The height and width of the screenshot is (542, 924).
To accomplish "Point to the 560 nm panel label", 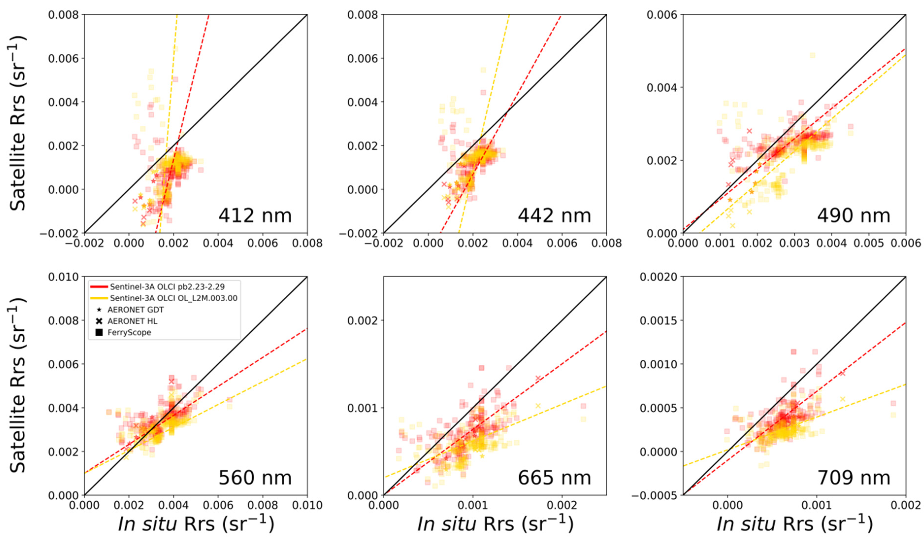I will point(255,478).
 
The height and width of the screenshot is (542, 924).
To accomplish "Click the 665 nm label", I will point(554,478).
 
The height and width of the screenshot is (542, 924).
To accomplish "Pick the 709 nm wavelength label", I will point(853,478).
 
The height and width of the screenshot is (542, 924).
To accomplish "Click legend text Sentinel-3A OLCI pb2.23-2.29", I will point(167,287).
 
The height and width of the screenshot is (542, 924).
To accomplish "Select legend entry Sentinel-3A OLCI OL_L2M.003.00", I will point(173,298).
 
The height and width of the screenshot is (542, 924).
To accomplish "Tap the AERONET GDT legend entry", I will point(135,310).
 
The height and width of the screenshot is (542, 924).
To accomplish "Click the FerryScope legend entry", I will point(129,332).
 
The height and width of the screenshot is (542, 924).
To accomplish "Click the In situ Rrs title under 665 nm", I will point(495,524).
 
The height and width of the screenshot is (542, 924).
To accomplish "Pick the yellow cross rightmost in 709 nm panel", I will point(843,399).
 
